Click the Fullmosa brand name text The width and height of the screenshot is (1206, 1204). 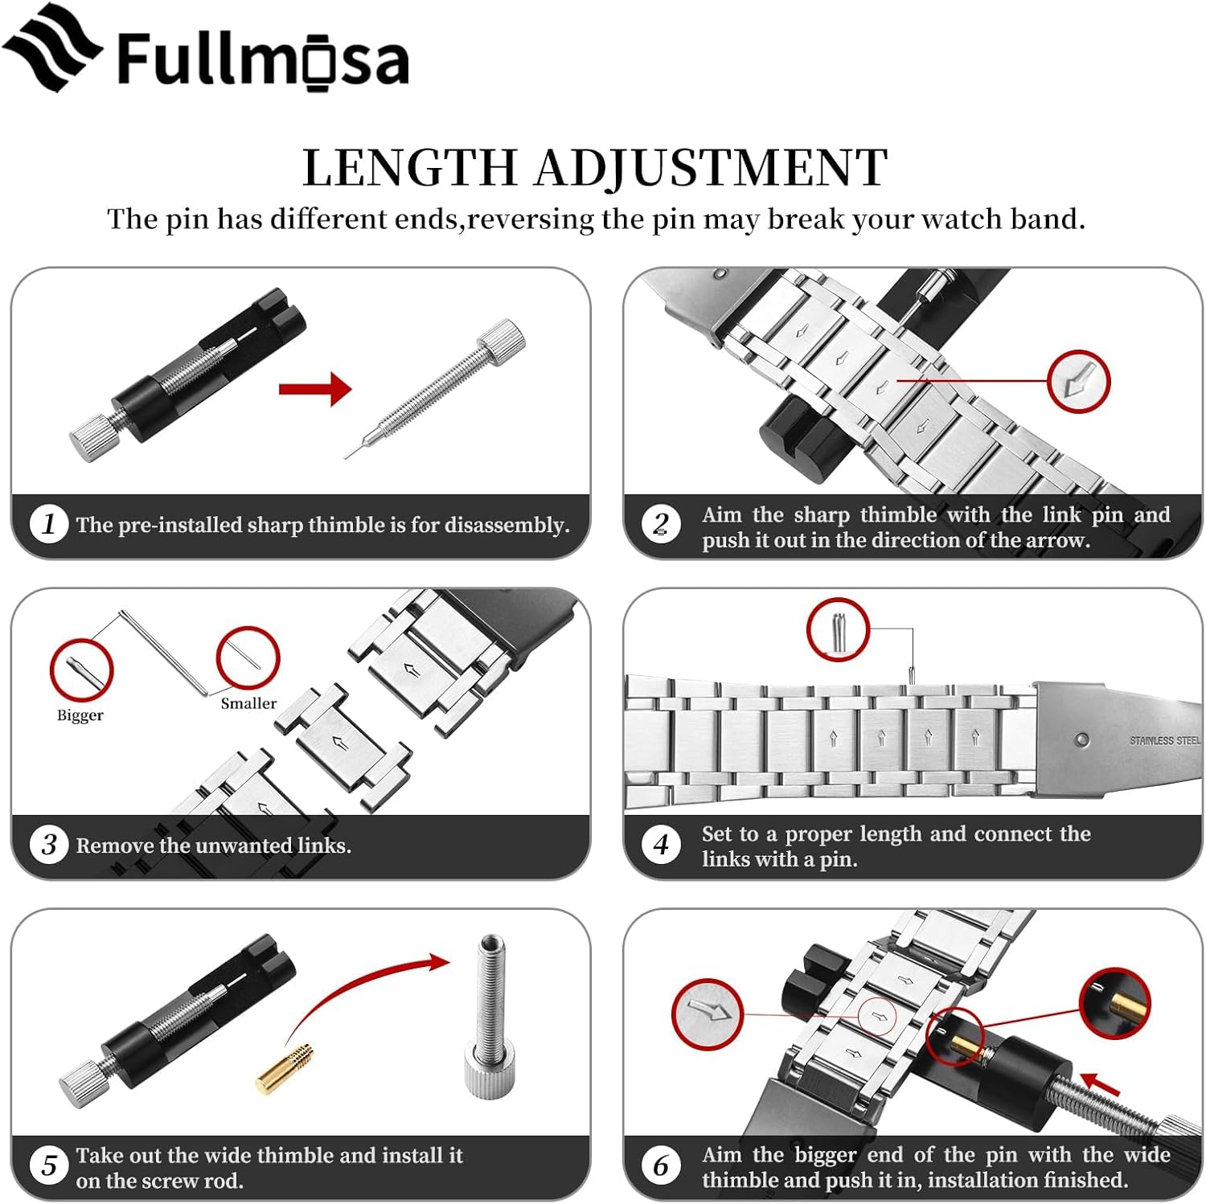263,59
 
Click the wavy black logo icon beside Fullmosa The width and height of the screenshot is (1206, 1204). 52,48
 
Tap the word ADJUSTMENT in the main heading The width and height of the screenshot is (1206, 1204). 711,168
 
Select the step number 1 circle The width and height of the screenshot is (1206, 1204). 48,524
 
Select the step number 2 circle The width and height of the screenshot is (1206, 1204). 661,525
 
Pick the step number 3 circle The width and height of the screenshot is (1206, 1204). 48,845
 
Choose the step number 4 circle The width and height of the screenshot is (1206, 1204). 661,845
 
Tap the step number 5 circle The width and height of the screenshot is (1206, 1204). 48,1165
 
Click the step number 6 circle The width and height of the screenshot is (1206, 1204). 661,1165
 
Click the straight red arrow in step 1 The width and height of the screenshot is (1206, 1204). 315,390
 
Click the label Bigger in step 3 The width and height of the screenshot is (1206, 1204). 80,715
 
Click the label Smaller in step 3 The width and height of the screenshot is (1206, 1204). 248,703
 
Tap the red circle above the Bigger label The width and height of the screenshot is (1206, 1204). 81,670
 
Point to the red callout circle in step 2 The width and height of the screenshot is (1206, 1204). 1078,382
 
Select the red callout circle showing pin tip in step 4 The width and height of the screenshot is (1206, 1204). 838,629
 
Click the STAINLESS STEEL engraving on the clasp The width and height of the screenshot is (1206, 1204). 1163,740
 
